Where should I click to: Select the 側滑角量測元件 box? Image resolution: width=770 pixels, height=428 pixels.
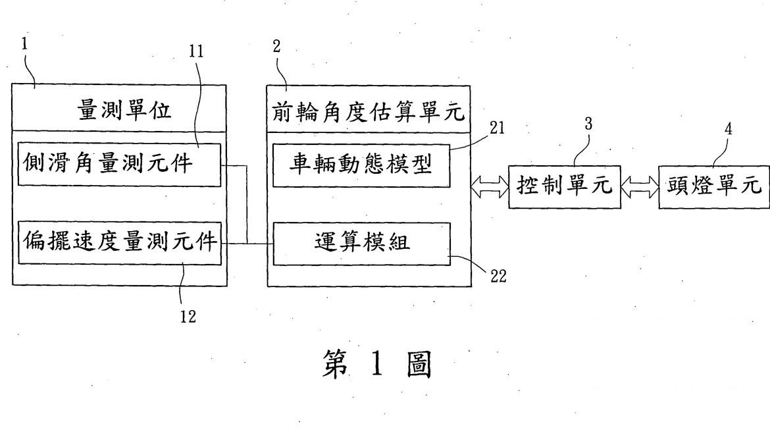[x=119, y=163]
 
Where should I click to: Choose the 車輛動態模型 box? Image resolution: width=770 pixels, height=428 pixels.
[x=361, y=165]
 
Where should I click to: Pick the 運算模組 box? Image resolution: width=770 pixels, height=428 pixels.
[x=361, y=243]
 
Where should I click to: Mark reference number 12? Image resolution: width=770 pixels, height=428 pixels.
[x=188, y=317]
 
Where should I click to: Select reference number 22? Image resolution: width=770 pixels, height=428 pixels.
[x=498, y=277]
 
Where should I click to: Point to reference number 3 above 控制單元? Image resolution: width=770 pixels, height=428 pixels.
[x=588, y=123]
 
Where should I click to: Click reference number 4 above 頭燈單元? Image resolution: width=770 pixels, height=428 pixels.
[x=729, y=129]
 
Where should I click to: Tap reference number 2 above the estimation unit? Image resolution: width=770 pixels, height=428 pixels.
[x=276, y=46]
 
